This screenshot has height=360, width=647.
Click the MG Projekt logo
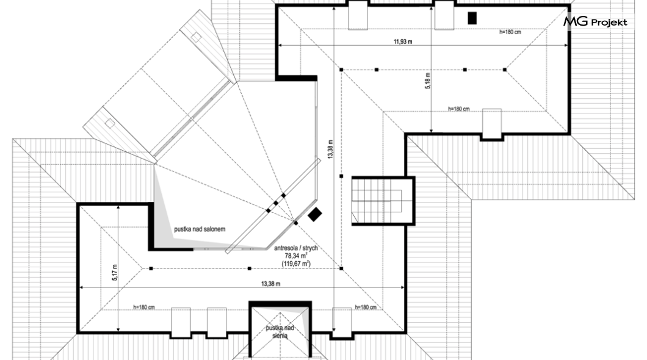(595, 21)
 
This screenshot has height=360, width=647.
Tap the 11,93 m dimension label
(403, 41)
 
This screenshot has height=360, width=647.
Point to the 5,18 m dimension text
(427, 81)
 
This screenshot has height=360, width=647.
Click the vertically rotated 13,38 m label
(330, 149)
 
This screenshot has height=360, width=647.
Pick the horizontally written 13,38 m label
(270, 284)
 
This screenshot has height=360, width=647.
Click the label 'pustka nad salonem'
(200, 229)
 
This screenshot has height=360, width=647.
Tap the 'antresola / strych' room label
(296, 248)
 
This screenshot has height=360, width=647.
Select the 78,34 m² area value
(296, 256)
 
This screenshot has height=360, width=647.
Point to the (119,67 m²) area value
(296, 263)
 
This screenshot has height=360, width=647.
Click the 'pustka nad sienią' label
(280, 331)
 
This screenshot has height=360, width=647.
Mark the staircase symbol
(377, 201)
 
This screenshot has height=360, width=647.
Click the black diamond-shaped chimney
(315, 214)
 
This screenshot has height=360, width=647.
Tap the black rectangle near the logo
(472, 18)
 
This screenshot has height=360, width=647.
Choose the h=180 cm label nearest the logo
(510, 32)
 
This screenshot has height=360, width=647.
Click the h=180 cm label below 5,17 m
(144, 307)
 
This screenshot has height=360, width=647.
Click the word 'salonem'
(215, 229)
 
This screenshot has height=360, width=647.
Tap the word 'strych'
(310, 248)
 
